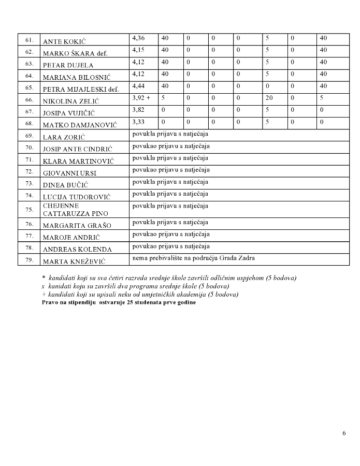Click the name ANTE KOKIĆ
coord(64,41)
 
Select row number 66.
coord(29,100)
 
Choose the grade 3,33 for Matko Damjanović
coord(138,122)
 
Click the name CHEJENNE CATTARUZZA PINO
coord(68,210)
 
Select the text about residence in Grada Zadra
coord(194,258)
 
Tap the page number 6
coord(344,433)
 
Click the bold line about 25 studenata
coord(119,302)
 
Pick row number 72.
coord(29,171)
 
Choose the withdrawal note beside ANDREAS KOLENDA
coord(170,246)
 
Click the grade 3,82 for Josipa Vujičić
coord(138,110)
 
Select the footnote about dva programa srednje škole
coord(135,286)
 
